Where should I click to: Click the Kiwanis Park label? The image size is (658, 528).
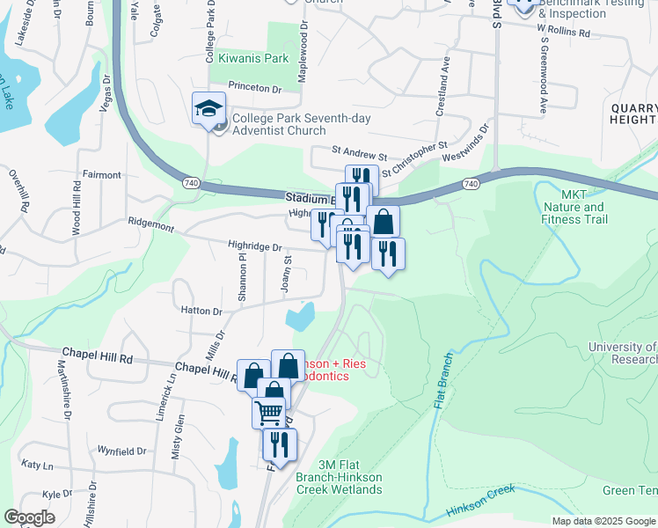click(x=253, y=59)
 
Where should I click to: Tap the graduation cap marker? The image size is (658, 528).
click(x=209, y=109)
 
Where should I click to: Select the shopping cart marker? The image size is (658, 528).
click(x=268, y=411)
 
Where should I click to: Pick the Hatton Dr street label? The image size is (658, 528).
click(x=201, y=312)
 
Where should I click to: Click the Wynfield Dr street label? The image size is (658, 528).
click(x=121, y=451)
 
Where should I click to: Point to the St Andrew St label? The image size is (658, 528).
click(x=358, y=155)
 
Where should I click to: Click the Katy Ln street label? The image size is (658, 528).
click(x=37, y=465)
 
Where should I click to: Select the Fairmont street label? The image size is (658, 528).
click(x=101, y=175)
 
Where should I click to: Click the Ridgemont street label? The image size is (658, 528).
click(x=151, y=224)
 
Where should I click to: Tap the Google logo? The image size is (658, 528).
click(x=30, y=517)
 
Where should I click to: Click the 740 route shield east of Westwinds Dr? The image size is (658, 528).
click(x=471, y=184)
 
